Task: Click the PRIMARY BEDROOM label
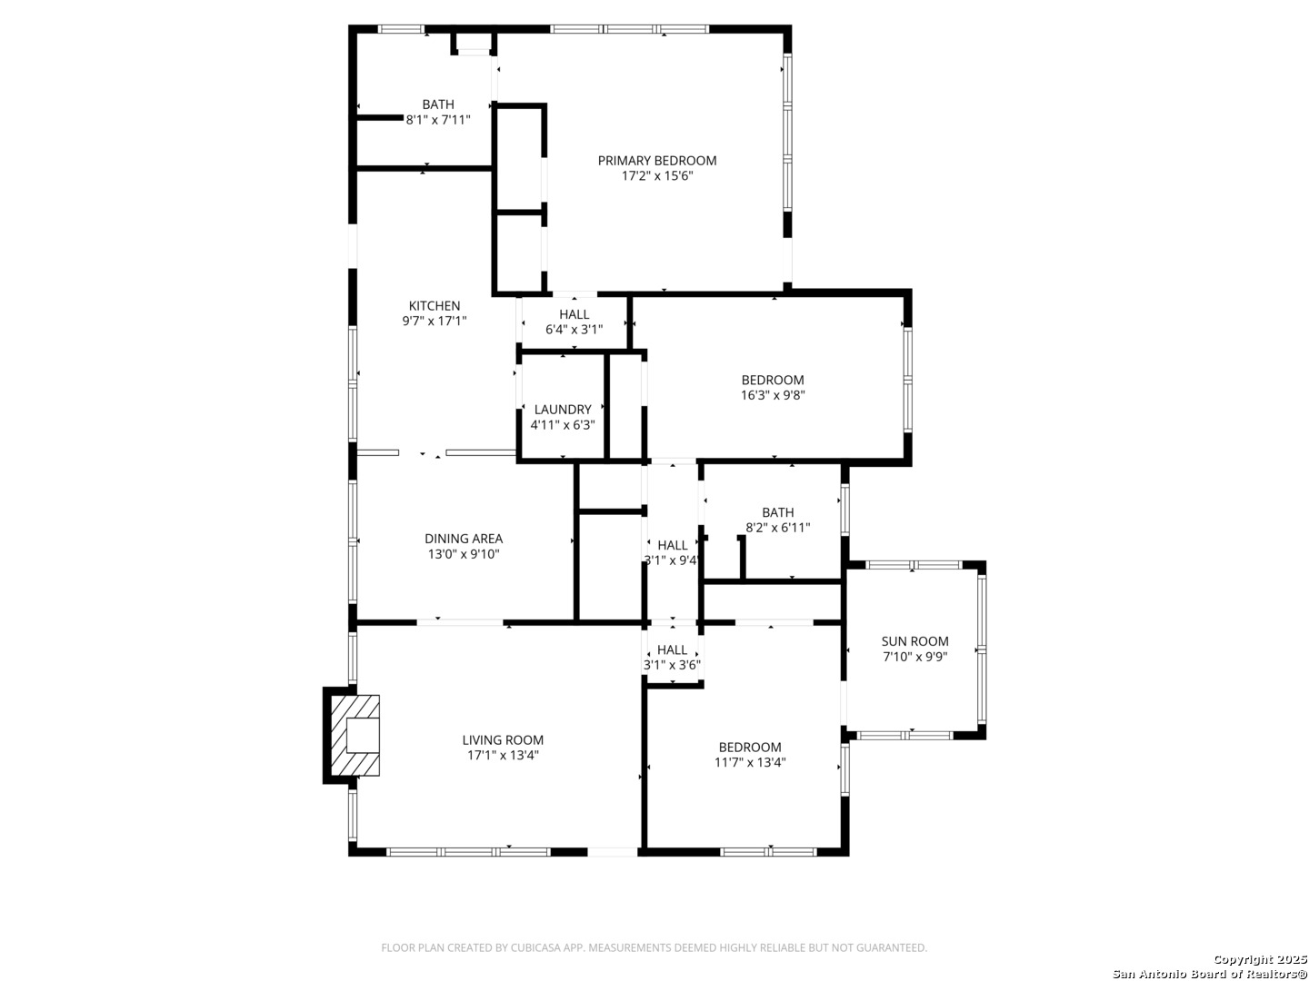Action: (x=656, y=161)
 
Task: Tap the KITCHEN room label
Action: (x=435, y=306)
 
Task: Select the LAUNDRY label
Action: (x=563, y=410)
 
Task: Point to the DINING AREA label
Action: (x=464, y=539)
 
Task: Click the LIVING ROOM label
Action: (x=503, y=740)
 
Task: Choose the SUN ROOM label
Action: (x=914, y=641)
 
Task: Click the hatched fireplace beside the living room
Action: (x=355, y=736)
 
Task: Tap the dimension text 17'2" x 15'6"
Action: (x=657, y=175)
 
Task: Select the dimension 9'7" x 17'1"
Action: (x=435, y=321)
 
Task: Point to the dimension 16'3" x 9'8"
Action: (x=773, y=395)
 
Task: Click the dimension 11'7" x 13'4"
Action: (x=750, y=762)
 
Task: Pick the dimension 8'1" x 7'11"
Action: (x=438, y=120)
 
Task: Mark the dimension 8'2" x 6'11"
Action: (x=777, y=528)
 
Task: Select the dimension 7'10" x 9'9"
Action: (x=914, y=657)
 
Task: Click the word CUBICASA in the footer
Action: (x=535, y=947)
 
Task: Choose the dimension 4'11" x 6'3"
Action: (x=563, y=425)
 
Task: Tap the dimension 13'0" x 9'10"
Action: (x=464, y=554)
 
